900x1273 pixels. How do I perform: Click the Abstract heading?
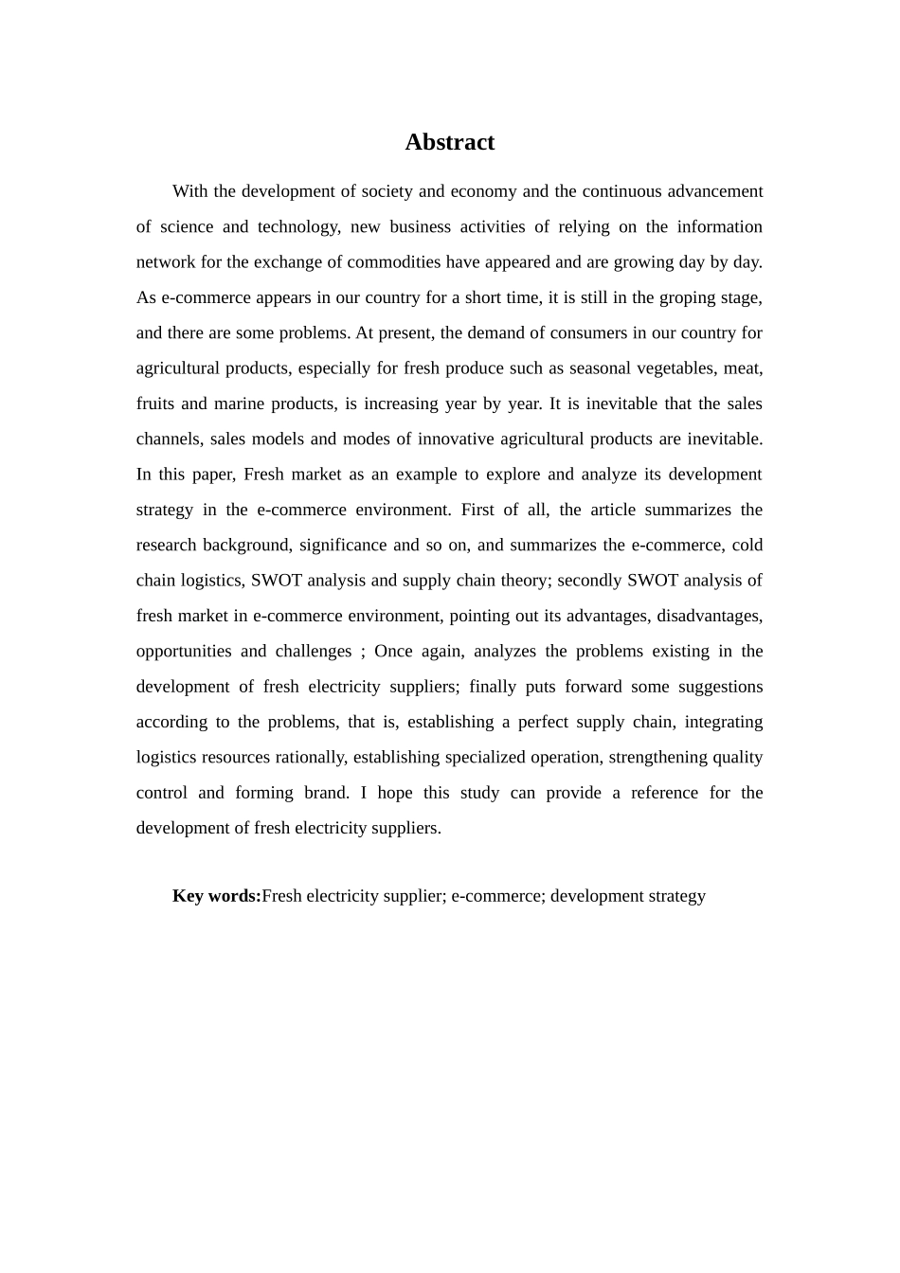coord(449,142)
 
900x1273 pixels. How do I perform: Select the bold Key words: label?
coord(216,896)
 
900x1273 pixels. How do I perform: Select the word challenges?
coord(314,652)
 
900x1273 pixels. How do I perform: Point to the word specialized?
coord(452,758)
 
